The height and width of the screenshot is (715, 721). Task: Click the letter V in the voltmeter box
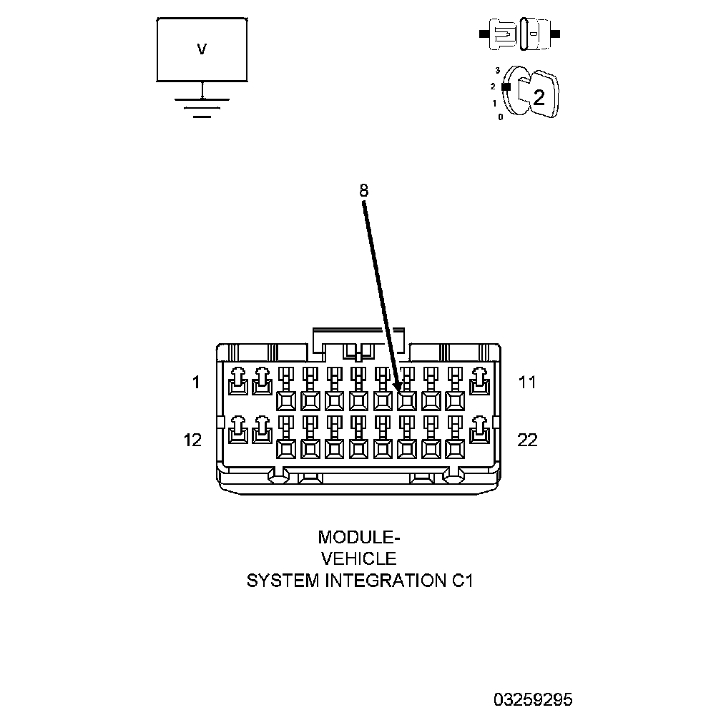point(202,49)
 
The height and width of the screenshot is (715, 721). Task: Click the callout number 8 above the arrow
point(363,190)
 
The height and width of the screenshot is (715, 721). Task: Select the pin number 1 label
point(196,383)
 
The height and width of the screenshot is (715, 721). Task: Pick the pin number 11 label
point(527,383)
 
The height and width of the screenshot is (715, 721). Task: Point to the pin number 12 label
point(193,440)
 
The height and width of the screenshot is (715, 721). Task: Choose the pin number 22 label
point(527,440)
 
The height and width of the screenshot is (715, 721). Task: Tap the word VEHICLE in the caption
point(359,558)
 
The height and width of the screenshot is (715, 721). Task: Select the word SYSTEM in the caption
point(283,581)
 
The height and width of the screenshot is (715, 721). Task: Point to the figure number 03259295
point(532,699)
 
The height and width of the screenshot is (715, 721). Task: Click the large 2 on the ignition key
point(539,98)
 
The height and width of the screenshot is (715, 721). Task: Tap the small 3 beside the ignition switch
point(497,71)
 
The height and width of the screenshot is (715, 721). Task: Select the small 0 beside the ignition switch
point(501,117)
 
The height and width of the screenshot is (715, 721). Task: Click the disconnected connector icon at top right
point(520,34)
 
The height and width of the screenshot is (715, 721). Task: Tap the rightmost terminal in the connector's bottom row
point(478,430)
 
